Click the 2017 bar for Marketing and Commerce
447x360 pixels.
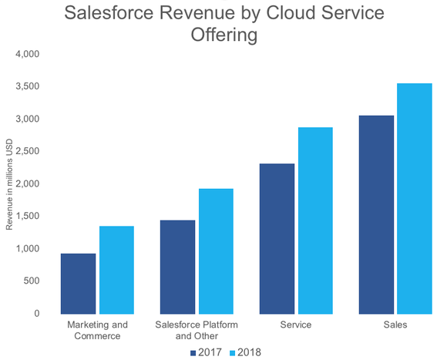78,283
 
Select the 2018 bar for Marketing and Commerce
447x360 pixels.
116,269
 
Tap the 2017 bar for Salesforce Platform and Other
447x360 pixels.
177,267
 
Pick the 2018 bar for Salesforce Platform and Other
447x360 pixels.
216,251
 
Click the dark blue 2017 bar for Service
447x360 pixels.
277,238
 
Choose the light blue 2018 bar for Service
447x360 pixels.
315,220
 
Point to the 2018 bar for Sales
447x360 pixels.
415,198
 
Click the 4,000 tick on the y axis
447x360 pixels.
27,55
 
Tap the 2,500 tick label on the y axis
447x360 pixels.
27,152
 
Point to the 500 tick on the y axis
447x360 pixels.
32,281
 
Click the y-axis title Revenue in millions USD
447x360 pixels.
10,183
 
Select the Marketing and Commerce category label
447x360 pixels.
97,330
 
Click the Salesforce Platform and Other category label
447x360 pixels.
197,330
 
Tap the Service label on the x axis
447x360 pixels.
296,325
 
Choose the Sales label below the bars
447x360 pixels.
395,325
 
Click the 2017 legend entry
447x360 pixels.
206,352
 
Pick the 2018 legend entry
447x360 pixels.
243,352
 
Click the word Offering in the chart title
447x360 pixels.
223,35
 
